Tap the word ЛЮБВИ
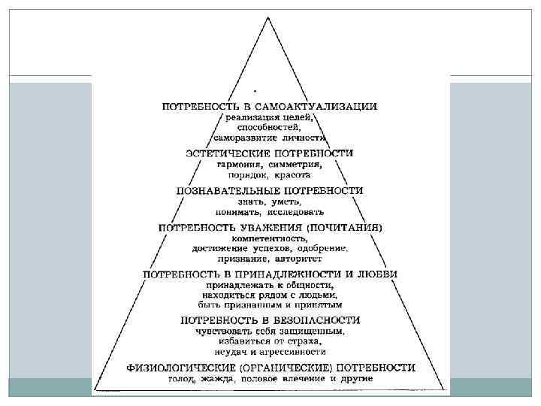[x=379, y=274]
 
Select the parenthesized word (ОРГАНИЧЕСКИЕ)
[x=290, y=368]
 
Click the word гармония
[x=239, y=164]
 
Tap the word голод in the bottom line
[x=182, y=379]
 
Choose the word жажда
[x=219, y=379]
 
